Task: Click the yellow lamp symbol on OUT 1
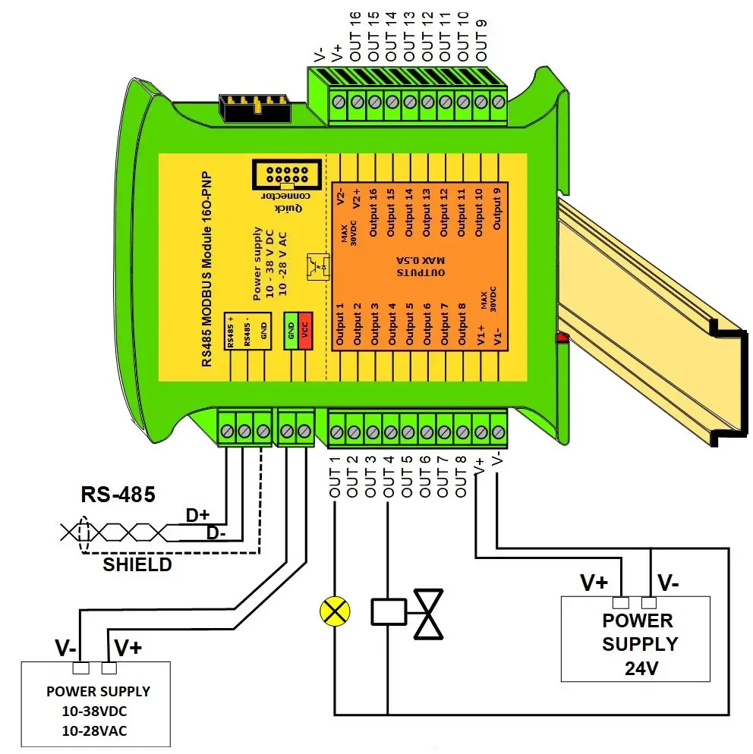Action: [x=335, y=611]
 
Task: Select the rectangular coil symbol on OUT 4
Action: [x=389, y=611]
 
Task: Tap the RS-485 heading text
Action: [x=118, y=495]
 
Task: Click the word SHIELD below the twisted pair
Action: [x=137, y=564]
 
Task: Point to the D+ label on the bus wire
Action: [x=197, y=515]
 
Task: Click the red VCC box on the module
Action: [x=305, y=331]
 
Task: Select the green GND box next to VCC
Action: [x=290, y=331]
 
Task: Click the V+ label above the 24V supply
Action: [x=594, y=583]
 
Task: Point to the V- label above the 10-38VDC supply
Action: [x=65, y=649]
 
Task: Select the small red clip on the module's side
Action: [x=561, y=337]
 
